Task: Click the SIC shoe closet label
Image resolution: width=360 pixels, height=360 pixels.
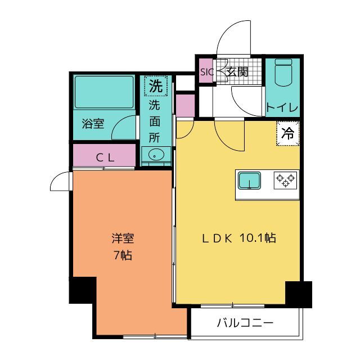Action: [207, 72]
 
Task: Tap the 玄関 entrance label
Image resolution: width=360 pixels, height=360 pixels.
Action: [237, 72]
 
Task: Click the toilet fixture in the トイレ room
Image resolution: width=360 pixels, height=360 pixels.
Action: [283, 73]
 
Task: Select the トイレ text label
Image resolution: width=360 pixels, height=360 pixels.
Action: [282, 107]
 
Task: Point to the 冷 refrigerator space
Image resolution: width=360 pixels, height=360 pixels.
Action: [288, 133]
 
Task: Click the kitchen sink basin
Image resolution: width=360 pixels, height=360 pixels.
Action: [249, 181]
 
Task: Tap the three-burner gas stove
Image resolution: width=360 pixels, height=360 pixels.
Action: [285, 181]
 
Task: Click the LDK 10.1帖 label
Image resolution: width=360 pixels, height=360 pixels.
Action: [238, 238]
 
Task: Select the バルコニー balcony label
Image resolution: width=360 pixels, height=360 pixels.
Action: [245, 323]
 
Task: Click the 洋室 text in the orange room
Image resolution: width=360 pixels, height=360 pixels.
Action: [123, 238]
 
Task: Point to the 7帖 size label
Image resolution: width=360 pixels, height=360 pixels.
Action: [123, 255]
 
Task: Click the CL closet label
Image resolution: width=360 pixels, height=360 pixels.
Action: [105, 157]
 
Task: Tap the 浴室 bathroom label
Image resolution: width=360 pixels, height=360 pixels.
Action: [93, 123]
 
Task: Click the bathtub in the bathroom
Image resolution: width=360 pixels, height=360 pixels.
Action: [104, 92]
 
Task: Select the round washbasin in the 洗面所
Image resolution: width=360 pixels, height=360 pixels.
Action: [156, 155]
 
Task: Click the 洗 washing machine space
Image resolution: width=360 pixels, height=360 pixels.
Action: [156, 86]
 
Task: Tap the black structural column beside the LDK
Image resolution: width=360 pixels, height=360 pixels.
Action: [299, 294]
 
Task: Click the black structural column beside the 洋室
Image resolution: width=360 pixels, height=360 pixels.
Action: [83, 290]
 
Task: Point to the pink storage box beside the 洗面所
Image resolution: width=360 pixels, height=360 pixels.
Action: [185, 105]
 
